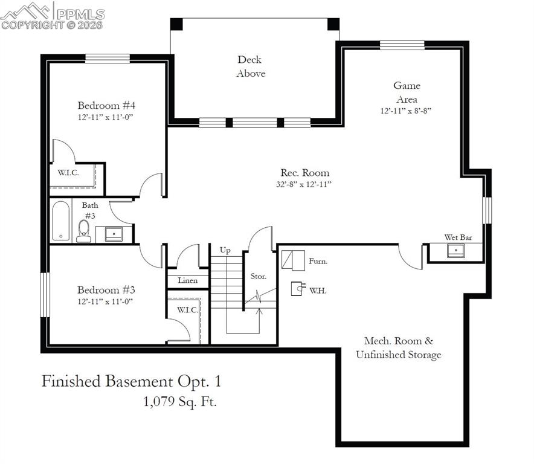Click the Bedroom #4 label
[106, 105]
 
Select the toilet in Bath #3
[84, 230]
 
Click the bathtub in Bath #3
[61, 221]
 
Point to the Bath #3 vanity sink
[114, 233]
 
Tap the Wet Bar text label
[458, 237]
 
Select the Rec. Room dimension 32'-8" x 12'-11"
[304, 184]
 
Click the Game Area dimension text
[405, 111]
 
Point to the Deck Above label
[251, 66]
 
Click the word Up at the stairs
[225, 250]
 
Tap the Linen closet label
[187, 280]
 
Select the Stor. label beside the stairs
[259, 277]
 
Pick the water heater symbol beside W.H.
[297, 289]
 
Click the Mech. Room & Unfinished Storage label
[398, 348]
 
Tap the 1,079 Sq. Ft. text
[179, 401]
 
